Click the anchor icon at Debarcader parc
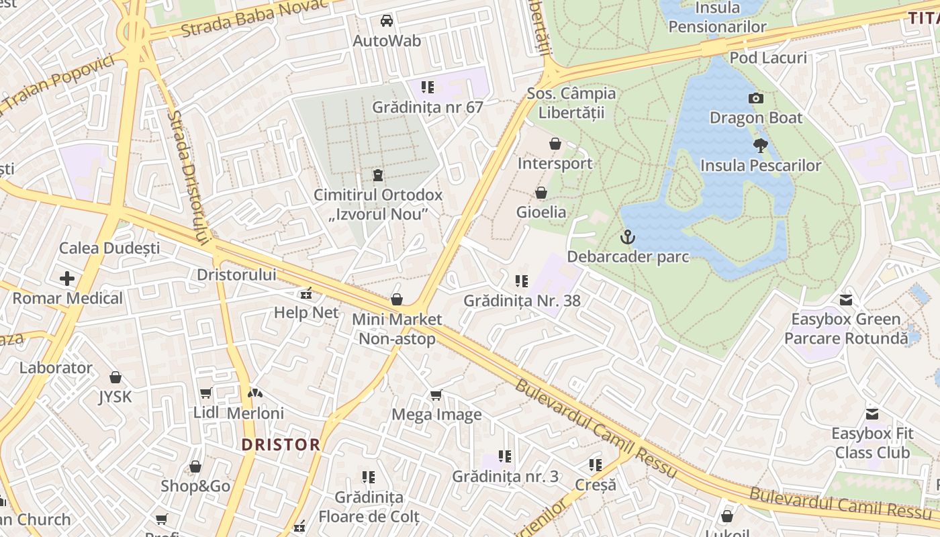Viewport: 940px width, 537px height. click(627, 236)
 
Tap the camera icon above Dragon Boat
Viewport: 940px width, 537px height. click(755, 99)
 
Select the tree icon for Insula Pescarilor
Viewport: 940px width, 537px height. click(760, 145)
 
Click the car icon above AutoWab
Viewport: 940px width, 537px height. click(387, 21)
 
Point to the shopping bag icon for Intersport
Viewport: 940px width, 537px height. click(555, 144)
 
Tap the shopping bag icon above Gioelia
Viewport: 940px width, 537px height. click(541, 193)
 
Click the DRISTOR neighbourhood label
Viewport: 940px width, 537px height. click(281, 444)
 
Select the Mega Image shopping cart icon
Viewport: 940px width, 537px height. click(436, 395)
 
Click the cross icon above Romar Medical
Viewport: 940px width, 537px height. click(67, 278)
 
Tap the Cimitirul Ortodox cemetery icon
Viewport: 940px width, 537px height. click(378, 176)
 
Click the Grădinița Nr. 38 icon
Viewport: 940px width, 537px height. click(522, 281)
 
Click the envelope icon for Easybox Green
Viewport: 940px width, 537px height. click(845, 299)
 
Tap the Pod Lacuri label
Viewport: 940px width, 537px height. click(767, 58)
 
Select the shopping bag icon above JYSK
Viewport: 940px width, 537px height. click(115, 377)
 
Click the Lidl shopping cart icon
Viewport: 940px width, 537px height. click(205, 393)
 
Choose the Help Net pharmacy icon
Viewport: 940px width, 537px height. click(306, 293)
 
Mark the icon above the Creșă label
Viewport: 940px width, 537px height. click(595, 465)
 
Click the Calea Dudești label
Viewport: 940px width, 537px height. click(109, 248)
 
